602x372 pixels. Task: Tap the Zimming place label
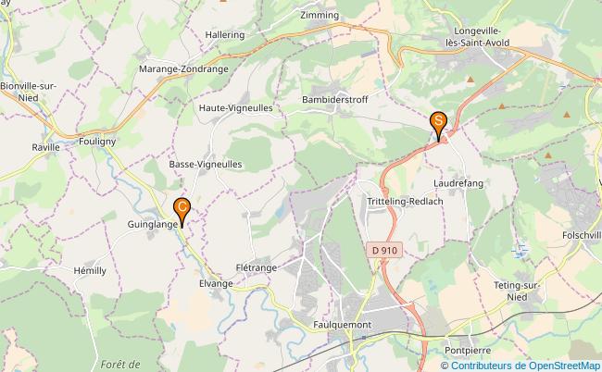pyautogui.click(x=320, y=16)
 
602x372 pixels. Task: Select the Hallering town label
pyautogui.click(x=225, y=34)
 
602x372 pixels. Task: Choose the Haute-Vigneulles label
pyautogui.click(x=235, y=107)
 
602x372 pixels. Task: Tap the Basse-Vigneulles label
pyautogui.click(x=206, y=164)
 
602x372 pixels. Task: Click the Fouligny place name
pyautogui.click(x=97, y=142)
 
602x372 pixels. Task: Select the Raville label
pyautogui.click(x=45, y=146)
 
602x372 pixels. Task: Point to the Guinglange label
pyautogui.click(x=154, y=224)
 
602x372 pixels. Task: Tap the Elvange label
pyautogui.click(x=215, y=283)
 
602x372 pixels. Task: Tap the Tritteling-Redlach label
pyautogui.click(x=404, y=202)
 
